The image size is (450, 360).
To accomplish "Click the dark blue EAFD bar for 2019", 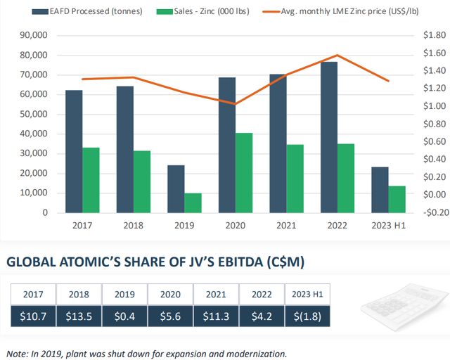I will point(176,188).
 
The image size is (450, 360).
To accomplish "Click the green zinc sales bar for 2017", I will point(91,180).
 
